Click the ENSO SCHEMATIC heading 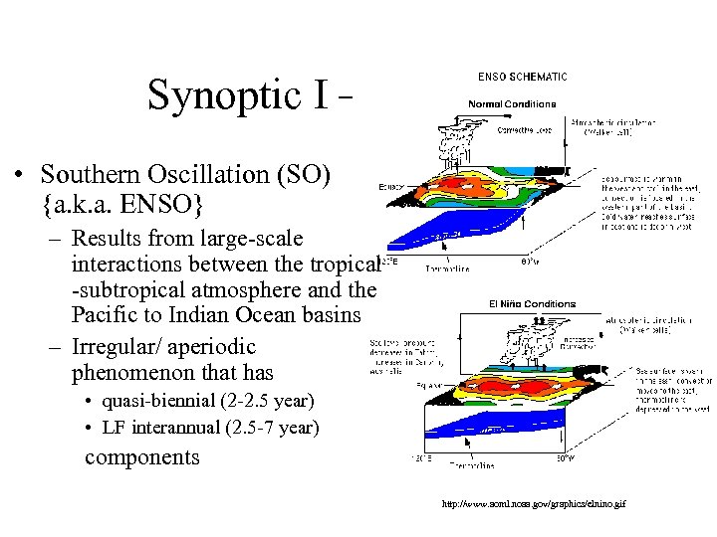click(x=522, y=77)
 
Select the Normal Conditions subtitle click(x=514, y=102)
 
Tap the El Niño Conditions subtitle click(x=532, y=303)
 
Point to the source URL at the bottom click(x=534, y=505)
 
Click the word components click(x=141, y=457)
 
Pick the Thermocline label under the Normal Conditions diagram click(x=447, y=268)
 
